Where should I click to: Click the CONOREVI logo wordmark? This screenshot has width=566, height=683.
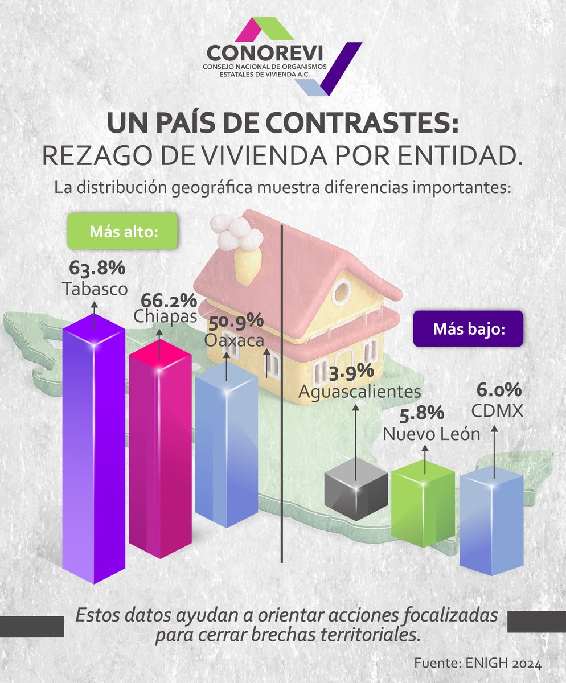pos(265,53)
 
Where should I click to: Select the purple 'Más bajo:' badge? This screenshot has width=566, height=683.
pos(468,329)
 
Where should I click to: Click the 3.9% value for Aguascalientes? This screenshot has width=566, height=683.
pos(351,371)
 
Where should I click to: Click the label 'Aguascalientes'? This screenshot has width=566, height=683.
pos(360,392)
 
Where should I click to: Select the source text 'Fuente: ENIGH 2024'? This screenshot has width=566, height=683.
pos(477,664)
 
